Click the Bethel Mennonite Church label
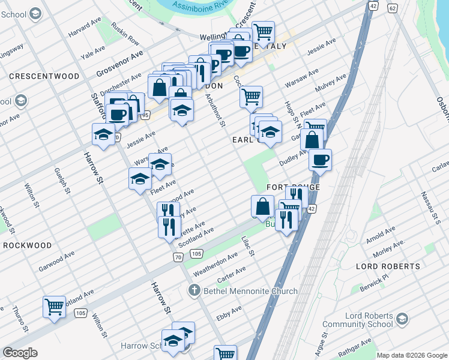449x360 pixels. tap(250, 291)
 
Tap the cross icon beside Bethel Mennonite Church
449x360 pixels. tap(193, 291)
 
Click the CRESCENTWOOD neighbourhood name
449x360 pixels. tap(44, 77)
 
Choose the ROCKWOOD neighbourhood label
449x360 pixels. tap(28, 245)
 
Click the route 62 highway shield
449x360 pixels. tap(392, 7)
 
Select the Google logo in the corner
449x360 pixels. tap(20, 353)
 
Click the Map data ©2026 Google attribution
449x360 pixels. tap(411, 355)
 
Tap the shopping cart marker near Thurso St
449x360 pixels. tap(54, 307)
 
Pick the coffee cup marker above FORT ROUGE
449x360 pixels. tap(320, 160)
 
